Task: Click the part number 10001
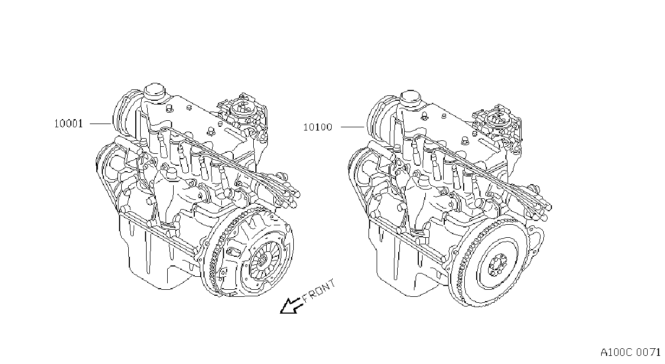tap(68, 123)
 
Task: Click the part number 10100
tap(318, 127)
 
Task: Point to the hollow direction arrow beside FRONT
tap(291, 305)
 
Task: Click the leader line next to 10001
tap(101, 123)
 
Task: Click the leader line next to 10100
tap(352, 127)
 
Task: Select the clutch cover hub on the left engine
tap(261, 261)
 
